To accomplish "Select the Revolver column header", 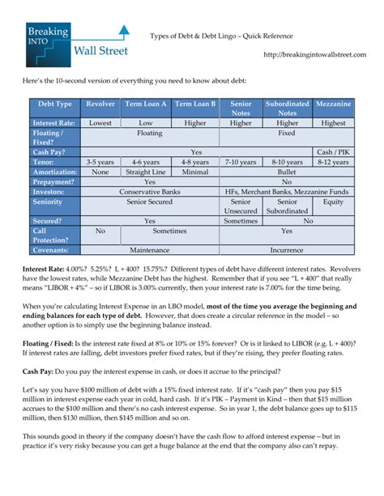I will pos(100,104).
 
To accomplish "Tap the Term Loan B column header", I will pos(195,104).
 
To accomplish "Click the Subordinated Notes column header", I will pos(288,108).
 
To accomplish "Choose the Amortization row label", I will pos(54,172).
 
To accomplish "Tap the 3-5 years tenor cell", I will pos(100,162).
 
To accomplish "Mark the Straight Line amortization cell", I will pos(147,172).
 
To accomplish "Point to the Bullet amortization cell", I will pos(287,172).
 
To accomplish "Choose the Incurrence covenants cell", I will pos(287,250).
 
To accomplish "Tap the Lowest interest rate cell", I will pos(100,123).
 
